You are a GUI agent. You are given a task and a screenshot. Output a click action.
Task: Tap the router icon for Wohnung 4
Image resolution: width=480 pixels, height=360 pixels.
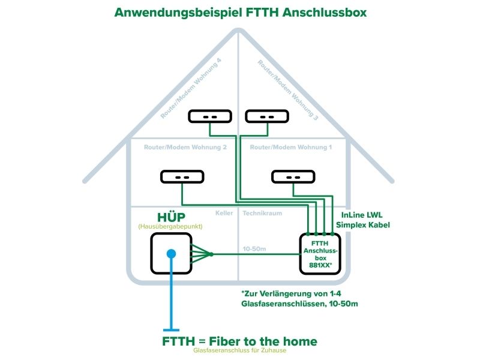click(x=209, y=116)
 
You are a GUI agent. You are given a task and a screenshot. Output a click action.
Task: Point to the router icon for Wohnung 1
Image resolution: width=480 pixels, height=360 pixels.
click(x=293, y=177)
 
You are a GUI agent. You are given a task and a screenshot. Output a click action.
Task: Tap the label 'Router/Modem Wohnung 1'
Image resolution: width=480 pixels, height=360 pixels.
click(x=290, y=146)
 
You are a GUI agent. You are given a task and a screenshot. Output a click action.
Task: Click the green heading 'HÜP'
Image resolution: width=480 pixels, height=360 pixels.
click(x=170, y=217)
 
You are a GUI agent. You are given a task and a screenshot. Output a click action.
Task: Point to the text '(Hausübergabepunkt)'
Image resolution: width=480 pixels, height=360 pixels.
click(x=170, y=227)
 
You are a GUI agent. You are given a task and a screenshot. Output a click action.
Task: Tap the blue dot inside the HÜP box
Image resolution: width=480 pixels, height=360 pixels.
click(x=171, y=254)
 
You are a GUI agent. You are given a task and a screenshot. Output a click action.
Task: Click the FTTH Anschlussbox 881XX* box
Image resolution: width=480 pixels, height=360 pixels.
click(x=320, y=254)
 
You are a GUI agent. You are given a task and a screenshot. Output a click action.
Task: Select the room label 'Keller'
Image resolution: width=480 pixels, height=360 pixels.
click(x=224, y=213)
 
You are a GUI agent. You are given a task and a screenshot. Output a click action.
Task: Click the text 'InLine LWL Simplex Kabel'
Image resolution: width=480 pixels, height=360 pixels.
click(x=365, y=220)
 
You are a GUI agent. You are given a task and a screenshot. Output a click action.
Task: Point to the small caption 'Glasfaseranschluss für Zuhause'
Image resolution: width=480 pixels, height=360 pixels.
click(x=240, y=352)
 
